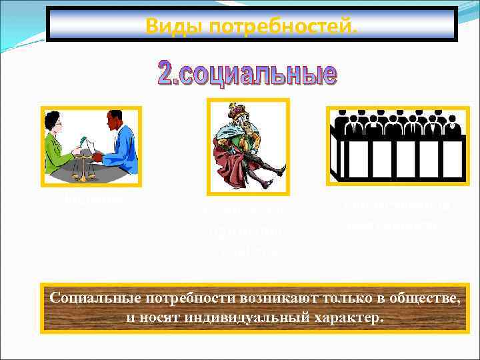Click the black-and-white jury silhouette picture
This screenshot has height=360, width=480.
pyautogui.click(x=396, y=144)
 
